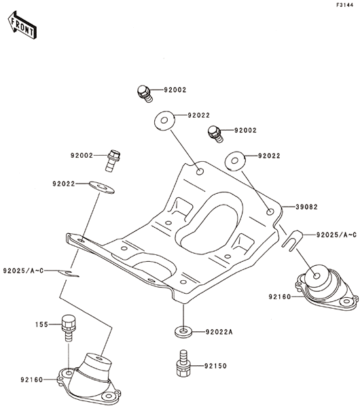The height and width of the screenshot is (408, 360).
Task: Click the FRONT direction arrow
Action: pyautogui.click(x=22, y=24)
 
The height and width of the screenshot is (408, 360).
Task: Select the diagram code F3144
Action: pyautogui.click(x=345, y=5)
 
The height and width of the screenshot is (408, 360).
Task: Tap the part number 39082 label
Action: pyautogui.click(x=307, y=207)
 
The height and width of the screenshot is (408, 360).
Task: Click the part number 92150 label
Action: pyautogui.click(x=215, y=366)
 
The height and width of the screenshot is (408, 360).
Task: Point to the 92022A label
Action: pyautogui.click(x=219, y=332)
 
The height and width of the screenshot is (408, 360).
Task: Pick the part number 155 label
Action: pyautogui.click(x=42, y=324)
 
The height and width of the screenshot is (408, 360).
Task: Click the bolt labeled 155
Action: pyautogui.click(x=67, y=328)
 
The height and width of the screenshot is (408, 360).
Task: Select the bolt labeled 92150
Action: pyautogui.click(x=183, y=363)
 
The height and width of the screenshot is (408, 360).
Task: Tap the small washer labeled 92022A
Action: pyautogui.click(x=183, y=332)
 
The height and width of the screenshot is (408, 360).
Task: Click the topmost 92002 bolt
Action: pyautogui.click(x=145, y=94)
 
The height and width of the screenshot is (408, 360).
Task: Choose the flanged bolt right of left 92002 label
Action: pyautogui.click(x=113, y=160)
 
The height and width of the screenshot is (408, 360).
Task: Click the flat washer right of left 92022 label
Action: pyautogui.click(x=102, y=188)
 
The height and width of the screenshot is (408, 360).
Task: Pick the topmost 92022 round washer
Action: pyautogui.click(x=164, y=120)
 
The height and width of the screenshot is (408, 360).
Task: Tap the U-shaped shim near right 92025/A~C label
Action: pyautogui.click(x=293, y=241)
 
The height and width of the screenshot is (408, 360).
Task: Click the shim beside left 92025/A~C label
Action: pyautogui.click(x=68, y=273)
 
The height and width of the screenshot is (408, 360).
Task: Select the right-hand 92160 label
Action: pyautogui.click(x=280, y=297)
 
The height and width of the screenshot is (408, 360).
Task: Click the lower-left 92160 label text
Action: pyautogui.click(x=31, y=380)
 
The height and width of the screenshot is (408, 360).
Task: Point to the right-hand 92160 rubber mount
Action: pyautogui.click(x=327, y=287)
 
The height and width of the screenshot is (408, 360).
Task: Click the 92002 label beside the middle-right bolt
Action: pyautogui.click(x=245, y=130)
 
